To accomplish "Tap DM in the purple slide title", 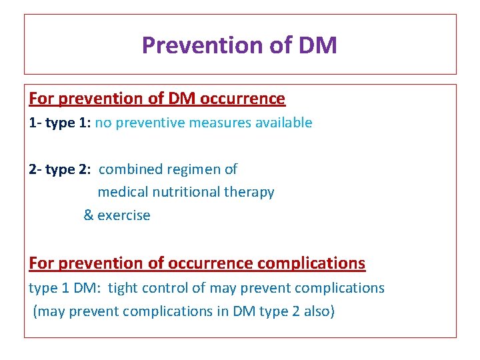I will [x=318, y=45].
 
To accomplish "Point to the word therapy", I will [x=249, y=193].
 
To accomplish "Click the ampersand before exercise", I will [x=88, y=215].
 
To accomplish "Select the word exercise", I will [x=124, y=215].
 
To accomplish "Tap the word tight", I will [x=123, y=288].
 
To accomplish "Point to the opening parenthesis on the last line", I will [x=35, y=311].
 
